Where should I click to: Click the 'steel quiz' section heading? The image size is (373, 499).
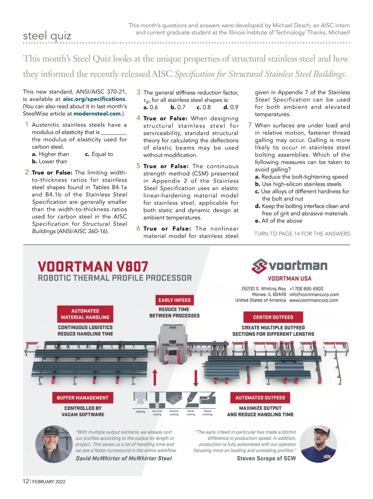point(47,36)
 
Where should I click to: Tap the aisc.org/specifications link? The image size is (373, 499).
point(94,99)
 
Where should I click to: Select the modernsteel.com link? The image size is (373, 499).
point(97,114)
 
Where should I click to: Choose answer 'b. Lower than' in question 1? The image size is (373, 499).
point(49,162)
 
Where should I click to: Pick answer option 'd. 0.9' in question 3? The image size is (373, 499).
point(231,108)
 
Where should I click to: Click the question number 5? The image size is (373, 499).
point(138,166)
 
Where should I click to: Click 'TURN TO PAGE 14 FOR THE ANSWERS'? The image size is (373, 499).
point(302,234)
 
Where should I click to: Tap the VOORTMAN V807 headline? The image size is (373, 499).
point(93,267)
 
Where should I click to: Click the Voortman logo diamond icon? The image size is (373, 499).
point(259,266)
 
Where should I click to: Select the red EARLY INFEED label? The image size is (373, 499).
point(174,300)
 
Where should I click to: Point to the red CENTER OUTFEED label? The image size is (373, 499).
point(273,317)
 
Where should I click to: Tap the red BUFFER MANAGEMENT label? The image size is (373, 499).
point(83,398)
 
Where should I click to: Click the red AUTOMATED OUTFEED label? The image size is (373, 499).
point(260,398)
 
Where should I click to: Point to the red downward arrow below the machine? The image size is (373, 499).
point(196,378)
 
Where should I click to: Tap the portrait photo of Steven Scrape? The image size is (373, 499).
point(319,444)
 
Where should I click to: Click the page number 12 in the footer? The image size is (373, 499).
point(26,481)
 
